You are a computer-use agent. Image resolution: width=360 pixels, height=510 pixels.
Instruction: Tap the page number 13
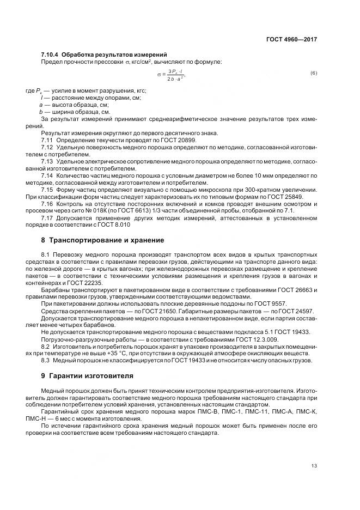[x=314, y=465]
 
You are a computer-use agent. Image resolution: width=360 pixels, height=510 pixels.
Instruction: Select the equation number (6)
[x=314, y=73]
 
